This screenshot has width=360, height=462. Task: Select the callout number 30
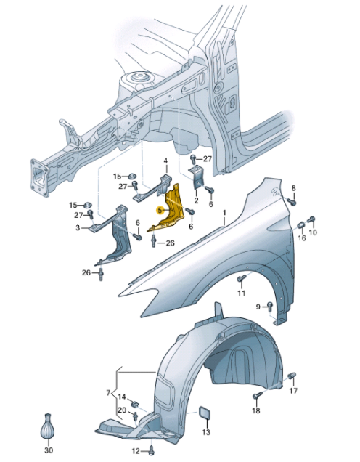click(49, 450)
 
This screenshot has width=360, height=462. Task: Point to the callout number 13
click(205, 433)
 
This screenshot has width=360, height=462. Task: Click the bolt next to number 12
click(150, 451)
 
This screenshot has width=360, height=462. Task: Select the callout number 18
click(255, 411)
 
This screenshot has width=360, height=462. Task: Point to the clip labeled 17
click(293, 376)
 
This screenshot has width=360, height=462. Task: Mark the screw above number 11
click(242, 279)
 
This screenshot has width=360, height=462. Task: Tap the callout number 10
click(314, 232)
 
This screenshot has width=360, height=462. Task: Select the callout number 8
click(294, 189)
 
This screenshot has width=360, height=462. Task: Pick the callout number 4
click(165, 161)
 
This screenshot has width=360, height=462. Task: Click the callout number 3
click(78, 228)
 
